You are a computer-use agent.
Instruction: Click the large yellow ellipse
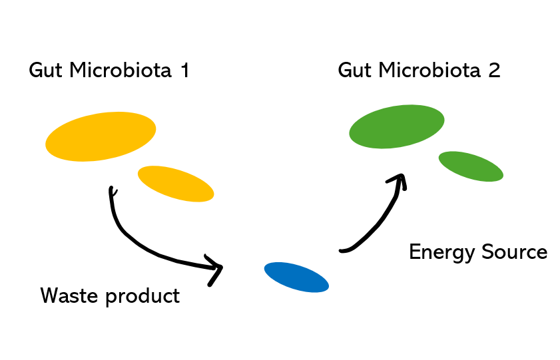tap(101, 136)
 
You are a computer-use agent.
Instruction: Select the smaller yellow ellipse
tap(176, 184)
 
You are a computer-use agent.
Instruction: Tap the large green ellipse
tap(397, 126)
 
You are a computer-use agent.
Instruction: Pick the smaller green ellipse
tap(471, 166)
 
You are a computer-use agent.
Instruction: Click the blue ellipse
tap(296, 277)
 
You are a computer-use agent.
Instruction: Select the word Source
tap(517, 252)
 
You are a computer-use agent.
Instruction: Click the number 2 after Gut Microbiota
tap(493, 70)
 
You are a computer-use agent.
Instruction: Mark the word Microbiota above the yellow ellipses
tap(120, 70)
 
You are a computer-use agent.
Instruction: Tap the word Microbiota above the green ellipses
tap(429, 70)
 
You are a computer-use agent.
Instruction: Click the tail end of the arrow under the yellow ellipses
tap(111, 192)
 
